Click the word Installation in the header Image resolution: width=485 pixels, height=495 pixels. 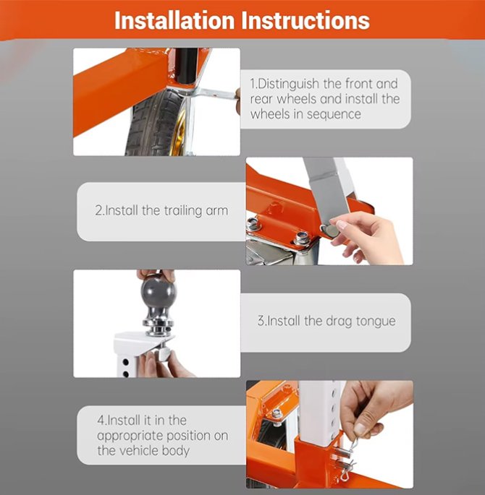pos(174,20)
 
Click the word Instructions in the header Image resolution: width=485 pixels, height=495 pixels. pos(305,20)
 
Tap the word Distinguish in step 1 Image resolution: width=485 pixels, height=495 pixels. pos(289,85)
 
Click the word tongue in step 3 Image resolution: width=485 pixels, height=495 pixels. pos(376,322)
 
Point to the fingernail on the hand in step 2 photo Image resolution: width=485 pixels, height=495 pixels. pos(342,224)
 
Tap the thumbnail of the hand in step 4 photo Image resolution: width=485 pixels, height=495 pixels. pos(359,429)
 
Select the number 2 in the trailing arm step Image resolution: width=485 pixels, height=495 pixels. pos(98,210)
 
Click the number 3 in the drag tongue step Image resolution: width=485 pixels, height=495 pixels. pos(261,321)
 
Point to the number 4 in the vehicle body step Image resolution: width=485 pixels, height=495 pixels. pos(101,420)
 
